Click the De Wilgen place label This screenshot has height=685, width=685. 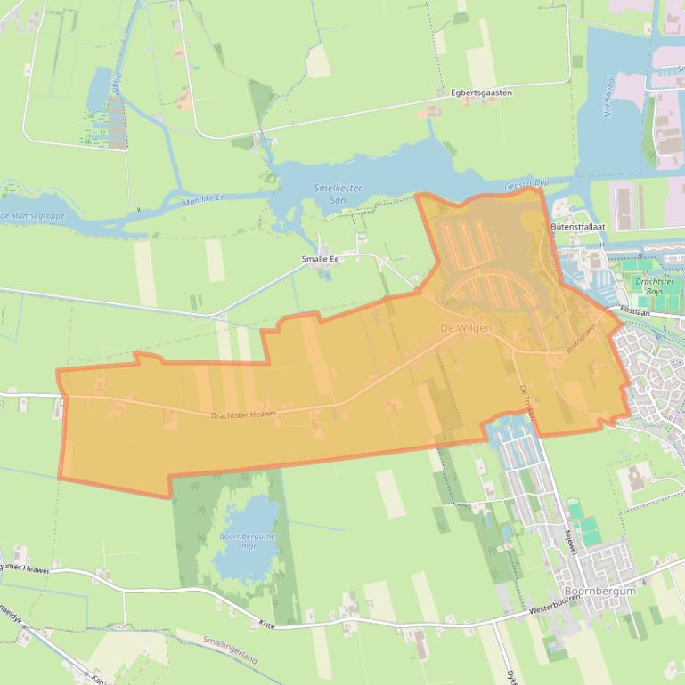(x=465, y=328)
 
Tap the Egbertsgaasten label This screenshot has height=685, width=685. (x=481, y=93)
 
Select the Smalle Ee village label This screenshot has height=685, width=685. (x=321, y=259)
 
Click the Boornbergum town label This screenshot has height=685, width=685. (x=599, y=591)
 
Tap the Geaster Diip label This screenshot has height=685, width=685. (x=524, y=183)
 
